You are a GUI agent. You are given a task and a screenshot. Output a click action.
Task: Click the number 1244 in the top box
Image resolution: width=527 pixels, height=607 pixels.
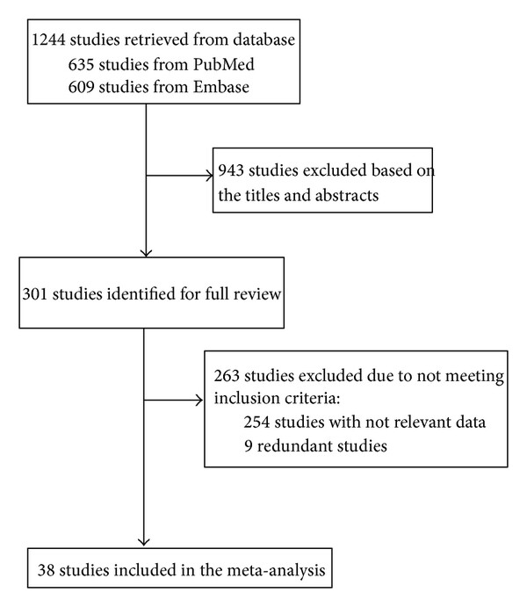(x=48, y=40)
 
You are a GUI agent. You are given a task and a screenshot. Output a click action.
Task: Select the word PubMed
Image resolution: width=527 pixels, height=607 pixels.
(x=224, y=64)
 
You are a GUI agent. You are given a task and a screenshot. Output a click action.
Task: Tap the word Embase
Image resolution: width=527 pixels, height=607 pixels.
(x=221, y=87)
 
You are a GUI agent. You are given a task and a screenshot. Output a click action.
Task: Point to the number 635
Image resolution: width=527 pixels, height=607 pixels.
(x=82, y=64)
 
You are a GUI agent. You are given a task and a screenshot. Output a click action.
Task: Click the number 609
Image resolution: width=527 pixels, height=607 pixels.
(x=82, y=87)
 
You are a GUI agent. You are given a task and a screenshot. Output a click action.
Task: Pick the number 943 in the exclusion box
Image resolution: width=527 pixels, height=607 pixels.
(x=231, y=170)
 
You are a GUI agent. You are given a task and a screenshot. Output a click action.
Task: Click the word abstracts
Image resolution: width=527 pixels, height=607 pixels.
(x=347, y=195)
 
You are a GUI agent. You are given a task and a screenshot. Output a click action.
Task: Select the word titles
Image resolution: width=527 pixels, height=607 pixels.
(x=261, y=195)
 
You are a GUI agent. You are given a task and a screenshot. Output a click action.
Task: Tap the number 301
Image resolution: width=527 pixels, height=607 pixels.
(x=35, y=293)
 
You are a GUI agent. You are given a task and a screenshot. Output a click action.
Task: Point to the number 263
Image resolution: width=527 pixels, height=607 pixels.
(x=227, y=375)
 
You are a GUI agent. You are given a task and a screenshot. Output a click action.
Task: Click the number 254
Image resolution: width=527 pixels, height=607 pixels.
(x=256, y=422)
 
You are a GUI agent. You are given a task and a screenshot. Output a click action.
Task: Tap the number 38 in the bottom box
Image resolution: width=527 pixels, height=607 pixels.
(x=46, y=570)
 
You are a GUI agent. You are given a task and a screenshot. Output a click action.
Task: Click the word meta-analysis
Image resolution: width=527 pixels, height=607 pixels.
(x=277, y=571)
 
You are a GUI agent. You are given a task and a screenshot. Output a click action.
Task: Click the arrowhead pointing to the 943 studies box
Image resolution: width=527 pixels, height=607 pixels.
(x=209, y=177)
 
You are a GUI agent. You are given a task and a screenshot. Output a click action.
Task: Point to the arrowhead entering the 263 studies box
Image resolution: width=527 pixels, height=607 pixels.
(x=199, y=400)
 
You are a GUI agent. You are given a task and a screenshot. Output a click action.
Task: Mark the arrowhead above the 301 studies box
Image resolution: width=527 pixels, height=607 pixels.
(x=146, y=253)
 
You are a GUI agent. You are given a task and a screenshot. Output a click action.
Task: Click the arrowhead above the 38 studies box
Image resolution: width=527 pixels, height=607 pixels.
(x=144, y=542)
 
